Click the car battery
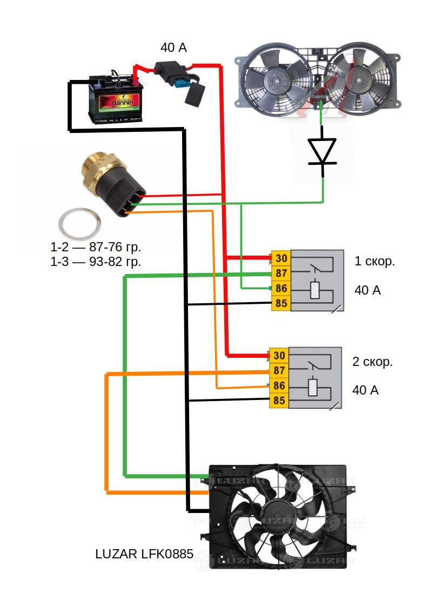[116, 100]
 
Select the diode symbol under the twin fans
[323, 151]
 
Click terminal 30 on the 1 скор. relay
[281, 258]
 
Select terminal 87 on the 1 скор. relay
[281, 273]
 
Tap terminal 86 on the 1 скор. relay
[281, 288]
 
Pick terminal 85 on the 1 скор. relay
[281, 303]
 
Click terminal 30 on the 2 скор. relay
[279, 355]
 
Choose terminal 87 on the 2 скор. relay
[279, 370]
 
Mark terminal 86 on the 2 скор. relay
[279, 385]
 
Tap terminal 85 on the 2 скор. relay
[279, 401]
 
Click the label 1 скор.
[374, 262]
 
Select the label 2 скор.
[372, 362]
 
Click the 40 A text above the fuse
[173, 48]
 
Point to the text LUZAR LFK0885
[144, 553]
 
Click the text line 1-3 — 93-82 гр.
[96, 262]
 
